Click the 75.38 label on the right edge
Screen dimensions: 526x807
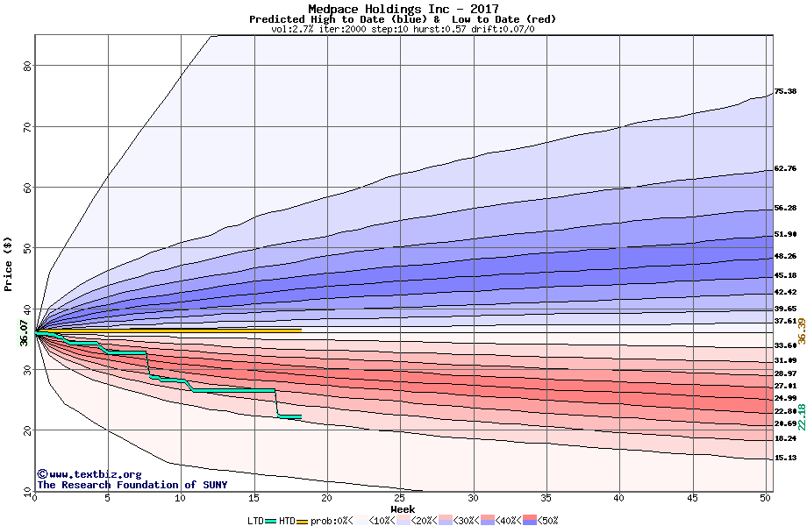click(785, 91)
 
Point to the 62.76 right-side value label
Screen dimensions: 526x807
click(785, 168)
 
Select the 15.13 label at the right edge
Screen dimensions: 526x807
click(785, 458)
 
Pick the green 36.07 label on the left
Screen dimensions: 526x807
click(24, 333)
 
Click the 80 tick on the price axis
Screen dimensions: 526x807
click(27, 66)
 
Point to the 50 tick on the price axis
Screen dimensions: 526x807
click(27, 248)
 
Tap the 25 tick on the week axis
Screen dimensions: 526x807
click(400, 498)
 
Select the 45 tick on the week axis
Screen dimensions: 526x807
click(692, 498)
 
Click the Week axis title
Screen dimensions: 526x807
click(403, 508)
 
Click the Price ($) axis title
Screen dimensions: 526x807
click(9, 263)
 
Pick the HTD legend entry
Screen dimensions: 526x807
click(287, 521)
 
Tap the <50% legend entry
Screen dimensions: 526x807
click(541, 521)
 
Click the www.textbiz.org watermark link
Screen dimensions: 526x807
click(89, 474)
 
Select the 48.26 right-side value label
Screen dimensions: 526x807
click(785, 256)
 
